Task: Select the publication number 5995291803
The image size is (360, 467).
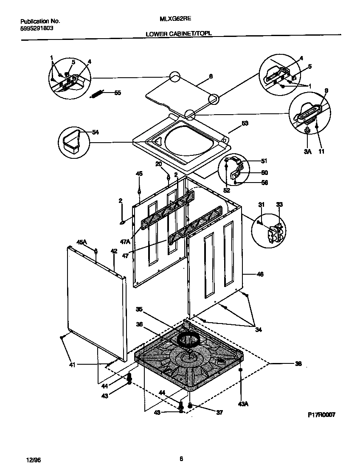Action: [37, 28]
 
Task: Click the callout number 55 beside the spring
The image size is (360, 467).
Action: [118, 93]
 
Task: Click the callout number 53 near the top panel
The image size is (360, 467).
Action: [245, 123]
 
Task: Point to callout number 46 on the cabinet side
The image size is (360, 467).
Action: [260, 274]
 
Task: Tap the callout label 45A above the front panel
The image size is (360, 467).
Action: [82, 242]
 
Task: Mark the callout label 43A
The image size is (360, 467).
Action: [243, 404]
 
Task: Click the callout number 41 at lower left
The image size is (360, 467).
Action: [73, 364]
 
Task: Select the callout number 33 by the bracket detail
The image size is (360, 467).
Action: [279, 204]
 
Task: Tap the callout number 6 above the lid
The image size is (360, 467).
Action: [211, 76]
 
